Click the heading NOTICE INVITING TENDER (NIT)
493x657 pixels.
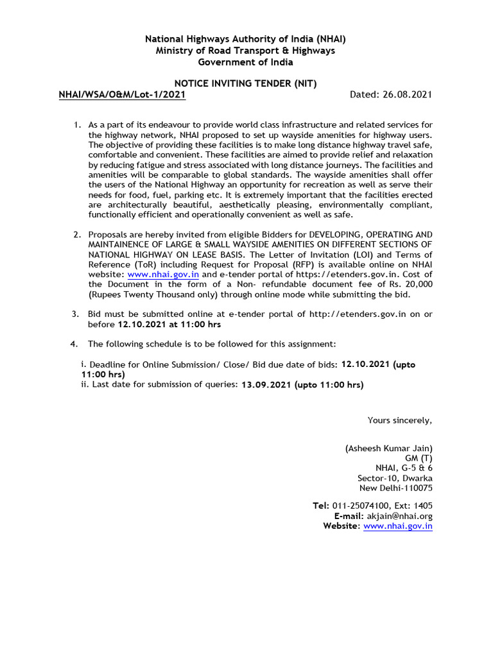tap(246, 83)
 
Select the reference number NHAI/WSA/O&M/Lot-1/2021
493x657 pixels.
tap(122, 95)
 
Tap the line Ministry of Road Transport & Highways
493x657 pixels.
tap(246, 51)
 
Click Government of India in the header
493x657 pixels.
tap(246, 62)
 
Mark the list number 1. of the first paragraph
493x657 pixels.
tap(76, 124)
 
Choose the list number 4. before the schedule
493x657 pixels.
tap(74, 345)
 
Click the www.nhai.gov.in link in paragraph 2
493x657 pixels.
tap(163, 273)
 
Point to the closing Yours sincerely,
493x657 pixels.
tap(399, 420)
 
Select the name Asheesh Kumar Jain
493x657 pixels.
tap(389, 448)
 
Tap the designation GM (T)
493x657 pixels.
tap(419, 458)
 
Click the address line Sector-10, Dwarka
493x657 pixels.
tap(395, 478)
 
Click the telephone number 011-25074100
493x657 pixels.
tap(363, 506)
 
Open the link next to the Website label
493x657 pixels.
tap(398, 526)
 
